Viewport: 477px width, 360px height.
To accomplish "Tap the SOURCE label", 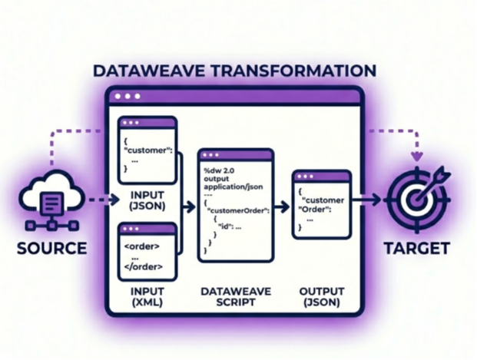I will pyautogui.click(x=53, y=249).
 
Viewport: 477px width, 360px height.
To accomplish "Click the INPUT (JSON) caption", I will pyautogui.click(x=147, y=200).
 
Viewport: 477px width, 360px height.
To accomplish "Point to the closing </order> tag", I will pyautogui.click(x=143, y=269).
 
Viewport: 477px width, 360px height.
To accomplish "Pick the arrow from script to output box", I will pyautogui.click(x=282, y=206).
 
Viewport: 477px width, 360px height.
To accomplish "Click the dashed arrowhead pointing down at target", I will pyautogui.click(x=416, y=157).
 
